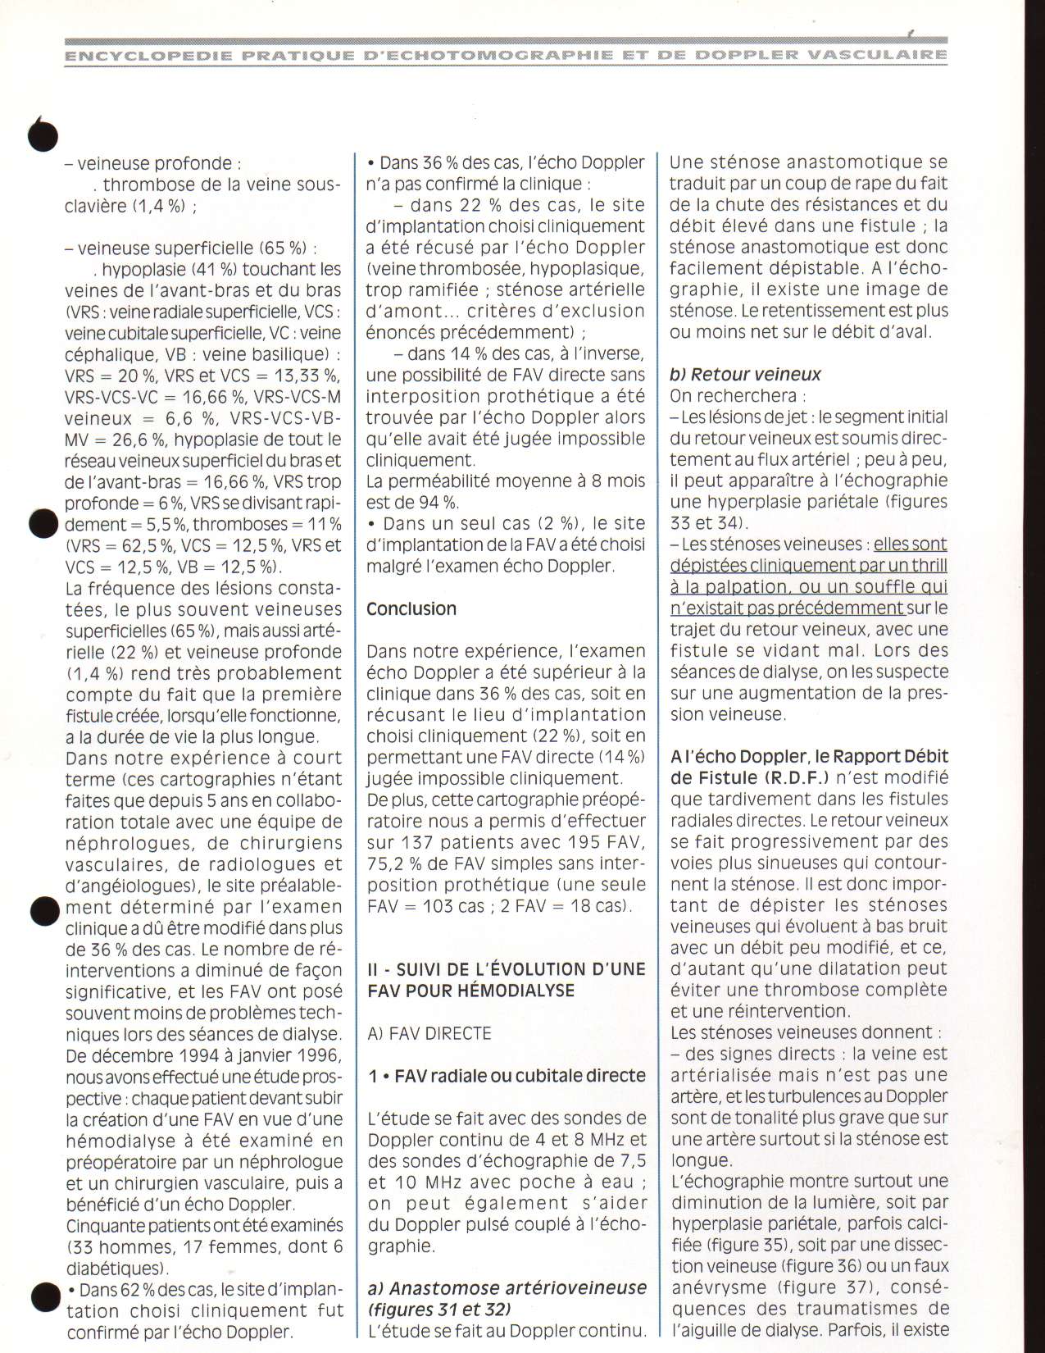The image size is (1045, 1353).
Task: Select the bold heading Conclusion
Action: [411, 608]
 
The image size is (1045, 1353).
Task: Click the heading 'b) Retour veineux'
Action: [745, 375]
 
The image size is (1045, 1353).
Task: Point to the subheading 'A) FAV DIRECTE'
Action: [429, 1033]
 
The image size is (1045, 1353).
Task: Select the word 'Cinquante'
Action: [103, 1225]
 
